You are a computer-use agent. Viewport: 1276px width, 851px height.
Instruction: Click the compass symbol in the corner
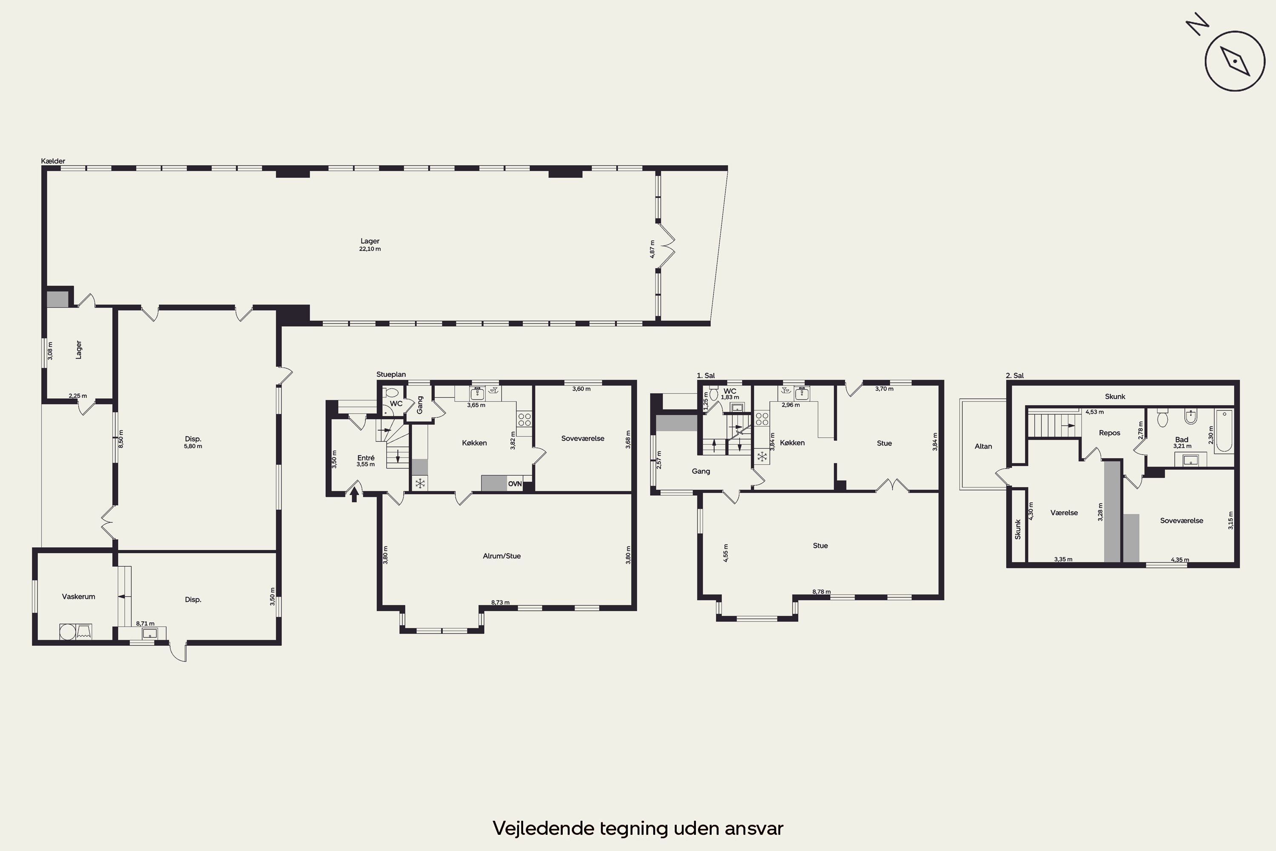click(x=1234, y=60)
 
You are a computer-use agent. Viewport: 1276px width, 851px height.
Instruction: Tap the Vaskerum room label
click(x=79, y=597)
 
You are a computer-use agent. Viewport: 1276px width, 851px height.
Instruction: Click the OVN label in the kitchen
click(x=515, y=483)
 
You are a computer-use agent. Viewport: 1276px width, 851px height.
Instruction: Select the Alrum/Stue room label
click(x=502, y=556)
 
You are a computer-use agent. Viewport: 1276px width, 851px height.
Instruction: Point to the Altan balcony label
click(x=983, y=446)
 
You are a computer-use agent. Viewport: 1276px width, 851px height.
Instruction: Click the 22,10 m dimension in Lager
click(x=370, y=249)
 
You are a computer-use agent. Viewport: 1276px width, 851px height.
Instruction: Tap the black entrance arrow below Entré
click(x=354, y=494)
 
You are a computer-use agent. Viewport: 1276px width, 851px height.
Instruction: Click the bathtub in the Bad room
click(x=1224, y=431)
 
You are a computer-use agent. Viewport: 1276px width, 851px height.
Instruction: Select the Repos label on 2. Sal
click(x=1109, y=433)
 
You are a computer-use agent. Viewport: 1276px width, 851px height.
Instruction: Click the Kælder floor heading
click(x=53, y=161)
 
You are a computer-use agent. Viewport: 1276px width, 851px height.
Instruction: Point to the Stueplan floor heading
click(x=391, y=374)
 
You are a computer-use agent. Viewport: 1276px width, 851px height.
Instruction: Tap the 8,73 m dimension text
click(x=500, y=603)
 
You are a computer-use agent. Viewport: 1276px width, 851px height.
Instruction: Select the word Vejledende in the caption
click(x=543, y=829)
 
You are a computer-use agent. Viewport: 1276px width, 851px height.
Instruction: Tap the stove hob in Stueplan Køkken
click(x=524, y=420)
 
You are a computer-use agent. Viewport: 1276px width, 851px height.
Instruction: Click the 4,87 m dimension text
click(x=652, y=249)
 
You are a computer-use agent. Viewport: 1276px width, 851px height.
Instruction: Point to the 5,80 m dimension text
click(x=193, y=447)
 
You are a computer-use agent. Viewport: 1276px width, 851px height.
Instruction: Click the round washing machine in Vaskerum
click(x=67, y=632)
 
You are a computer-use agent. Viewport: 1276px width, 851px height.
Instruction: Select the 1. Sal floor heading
click(x=706, y=376)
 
